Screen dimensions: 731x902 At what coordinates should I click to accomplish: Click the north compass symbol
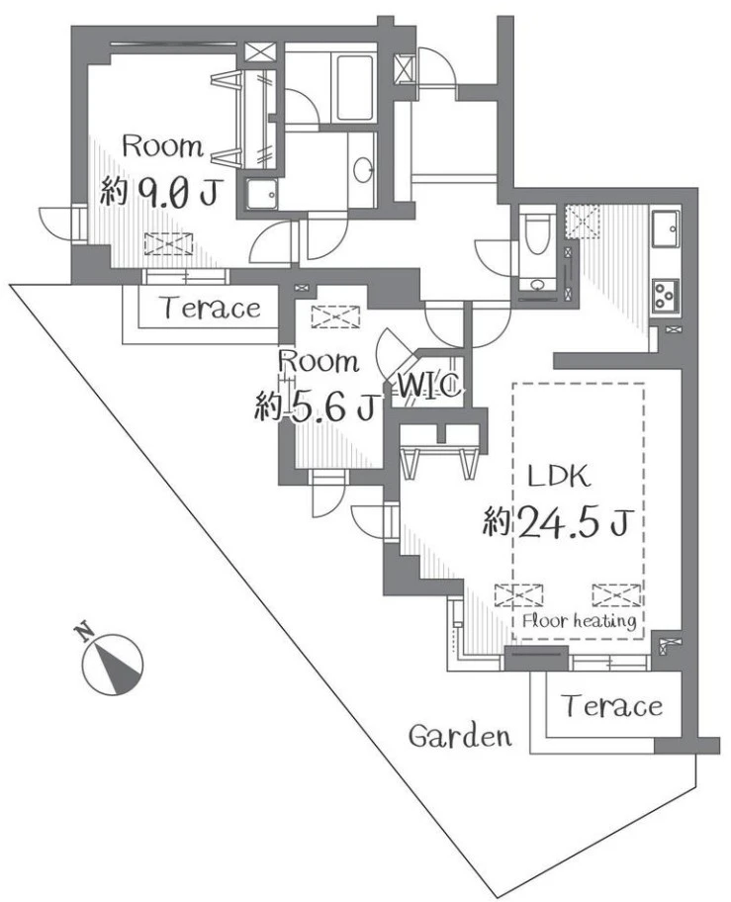[111, 662]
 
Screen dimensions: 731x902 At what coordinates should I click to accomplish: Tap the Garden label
[460, 736]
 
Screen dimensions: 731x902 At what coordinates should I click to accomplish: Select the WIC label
[429, 386]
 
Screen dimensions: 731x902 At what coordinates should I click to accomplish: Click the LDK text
[559, 477]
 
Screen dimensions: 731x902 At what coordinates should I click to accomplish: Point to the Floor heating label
[580, 621]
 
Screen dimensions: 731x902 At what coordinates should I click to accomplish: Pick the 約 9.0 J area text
[159, 192]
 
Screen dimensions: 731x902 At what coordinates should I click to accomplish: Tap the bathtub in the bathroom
[354, 87]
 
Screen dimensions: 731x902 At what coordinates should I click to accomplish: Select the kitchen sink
[665, 228]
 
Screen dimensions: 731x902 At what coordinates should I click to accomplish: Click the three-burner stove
[666, 297]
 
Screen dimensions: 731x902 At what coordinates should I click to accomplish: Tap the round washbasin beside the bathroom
[363, 169]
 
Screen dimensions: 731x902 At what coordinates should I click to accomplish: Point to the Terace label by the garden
[612, 705]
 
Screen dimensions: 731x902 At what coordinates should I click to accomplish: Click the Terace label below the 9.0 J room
[212, 308]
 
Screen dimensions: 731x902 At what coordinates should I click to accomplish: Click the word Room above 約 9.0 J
[163, 146]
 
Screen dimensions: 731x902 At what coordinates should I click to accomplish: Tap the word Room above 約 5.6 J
[319, 362]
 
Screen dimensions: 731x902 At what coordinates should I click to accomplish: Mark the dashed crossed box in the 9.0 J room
[168, 244]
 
